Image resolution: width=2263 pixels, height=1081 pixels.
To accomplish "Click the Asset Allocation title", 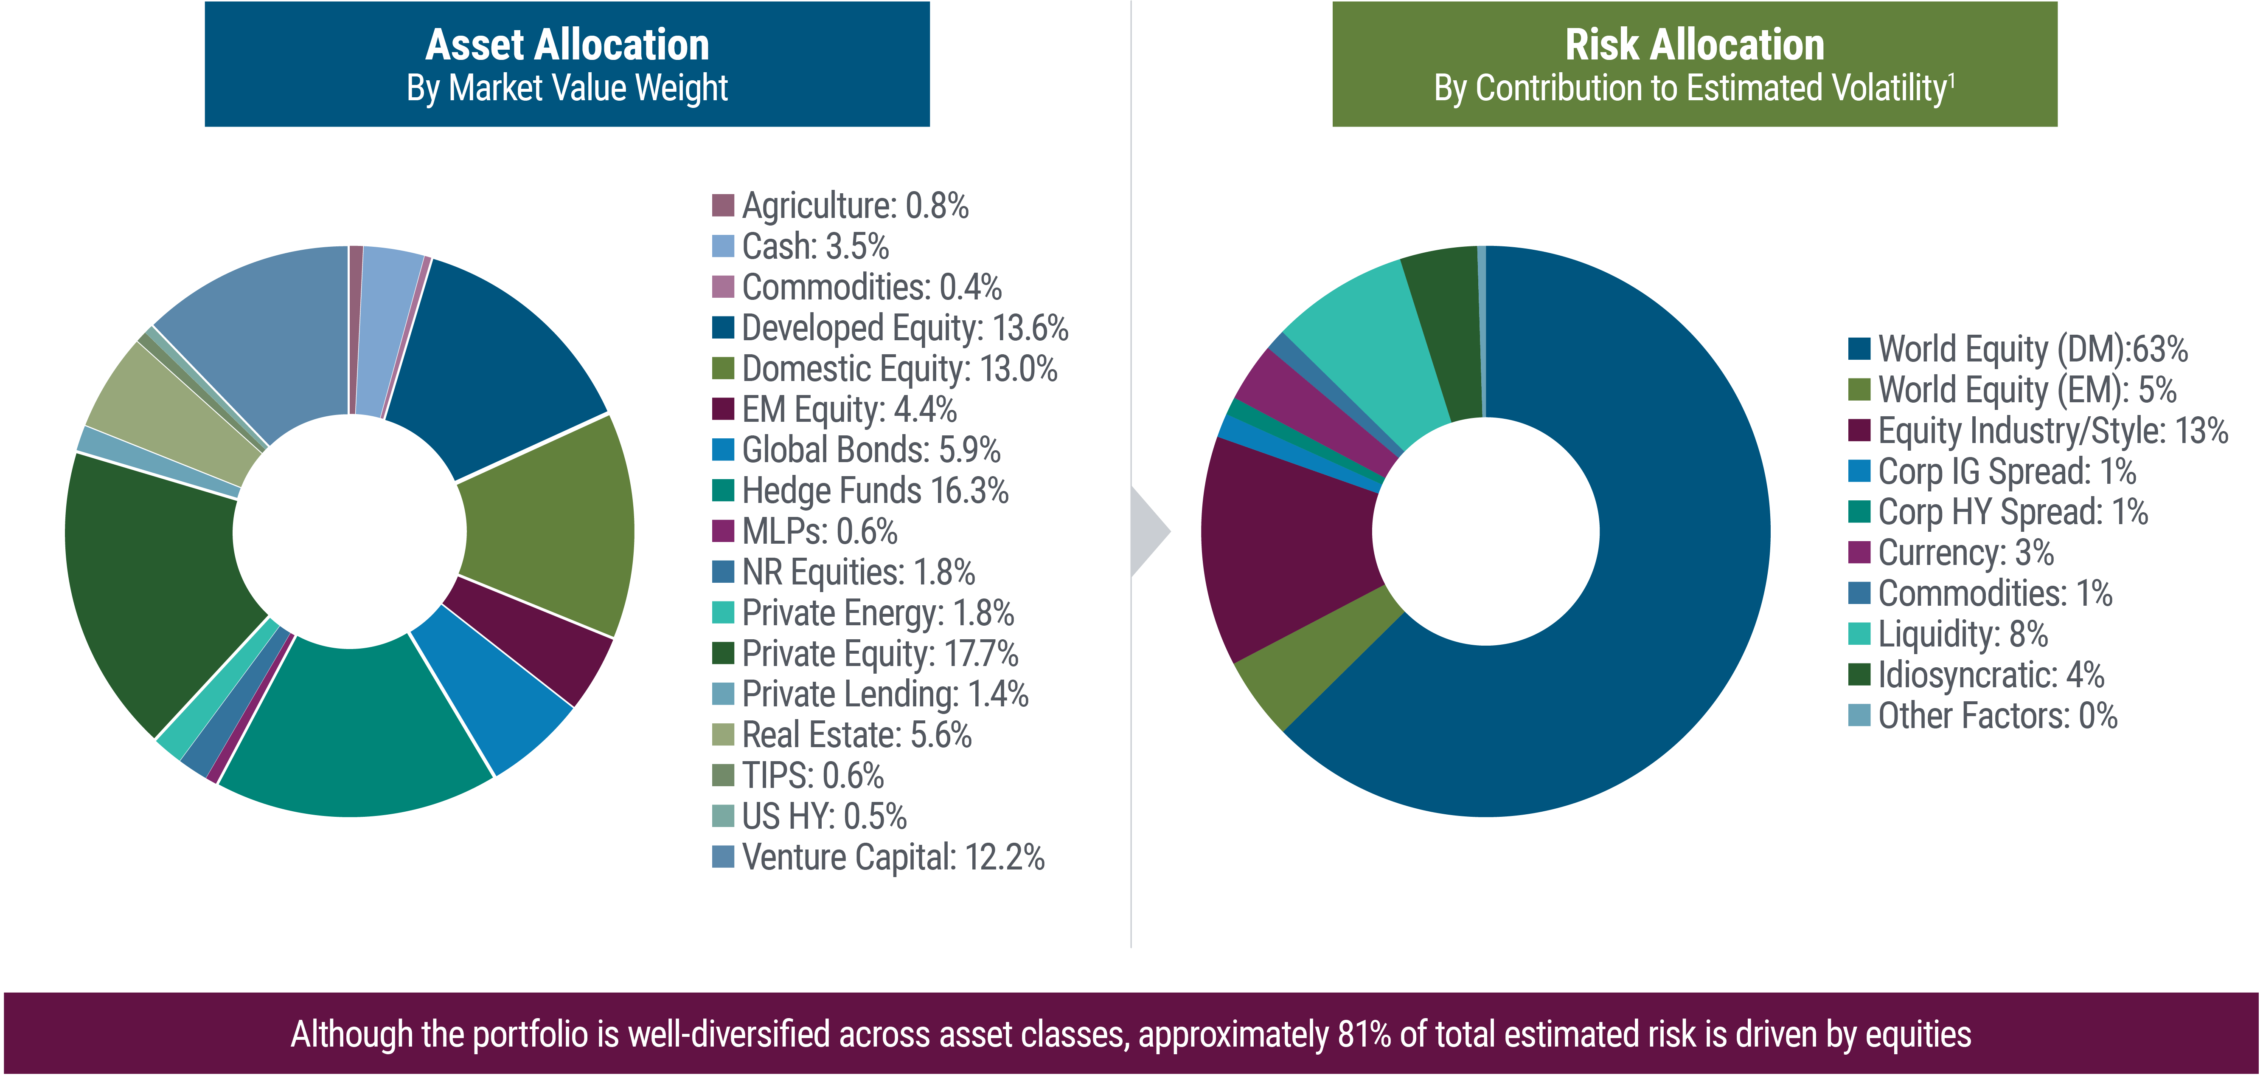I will (567, 45).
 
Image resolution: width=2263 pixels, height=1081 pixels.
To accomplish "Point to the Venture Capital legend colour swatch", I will (722, 857).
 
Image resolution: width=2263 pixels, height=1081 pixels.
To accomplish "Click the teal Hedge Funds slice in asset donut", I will (351, 729).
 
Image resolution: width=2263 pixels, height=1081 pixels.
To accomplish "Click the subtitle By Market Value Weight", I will (567, 88).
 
